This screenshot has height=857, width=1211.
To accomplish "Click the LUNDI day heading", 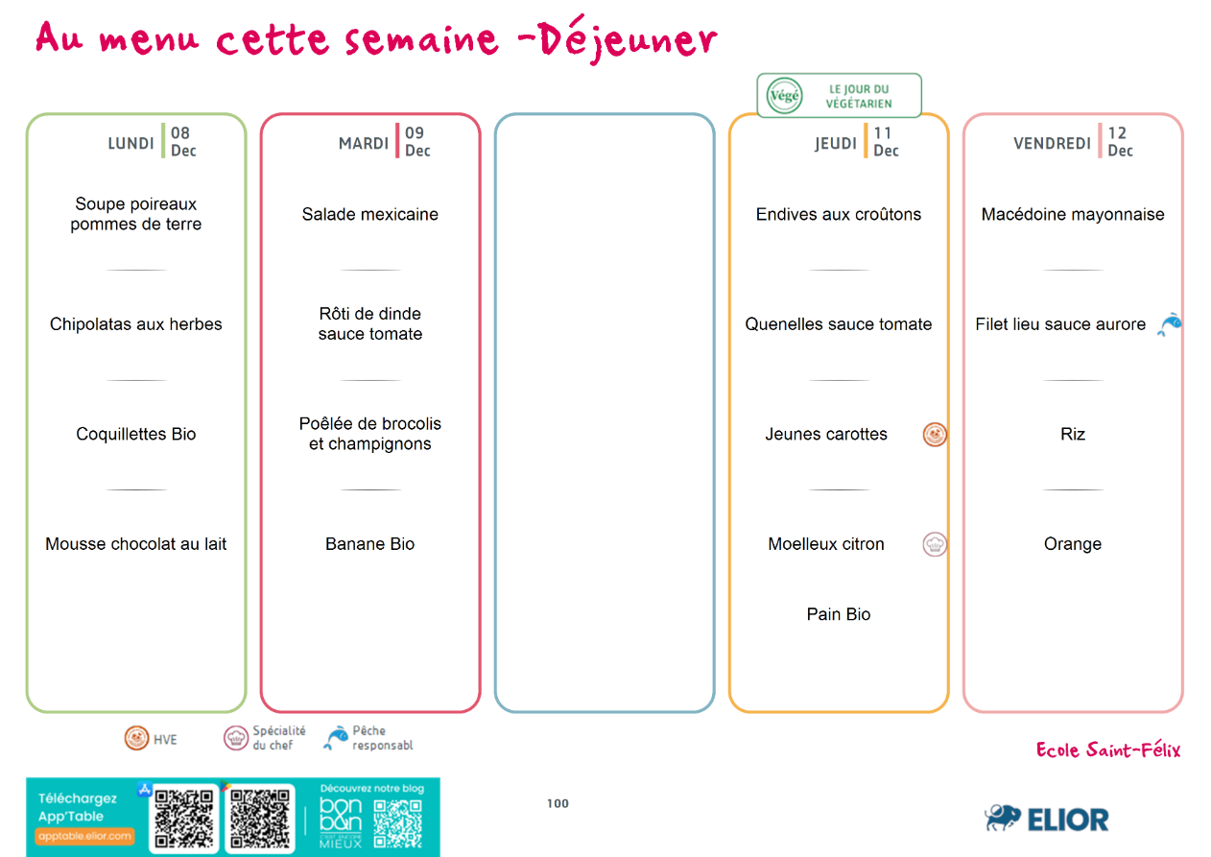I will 131,144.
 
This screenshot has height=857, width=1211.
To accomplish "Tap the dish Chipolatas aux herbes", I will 136,324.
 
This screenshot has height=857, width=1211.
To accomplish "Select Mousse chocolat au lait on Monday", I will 136,544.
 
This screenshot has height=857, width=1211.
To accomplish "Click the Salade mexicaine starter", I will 370,214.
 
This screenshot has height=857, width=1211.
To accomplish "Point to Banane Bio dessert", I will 370,544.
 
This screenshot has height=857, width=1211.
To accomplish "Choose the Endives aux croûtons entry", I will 839,214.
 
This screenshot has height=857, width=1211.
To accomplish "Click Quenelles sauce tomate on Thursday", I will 839,324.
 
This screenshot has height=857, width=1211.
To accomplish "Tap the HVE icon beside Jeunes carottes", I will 935,435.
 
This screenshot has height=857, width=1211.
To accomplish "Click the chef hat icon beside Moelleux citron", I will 935,544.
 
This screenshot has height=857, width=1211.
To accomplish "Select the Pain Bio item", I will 839,614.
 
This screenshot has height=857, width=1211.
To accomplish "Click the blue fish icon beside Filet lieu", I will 1169,325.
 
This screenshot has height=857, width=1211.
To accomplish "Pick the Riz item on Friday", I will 1073,434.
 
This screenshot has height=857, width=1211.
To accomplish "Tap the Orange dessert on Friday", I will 1073,544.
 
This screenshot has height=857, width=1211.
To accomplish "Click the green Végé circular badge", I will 784,96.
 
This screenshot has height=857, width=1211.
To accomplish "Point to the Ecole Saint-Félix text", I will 1108,750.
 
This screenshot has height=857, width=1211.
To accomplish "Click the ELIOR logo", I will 1047,820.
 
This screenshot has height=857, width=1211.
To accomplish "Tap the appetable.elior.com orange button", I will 85,836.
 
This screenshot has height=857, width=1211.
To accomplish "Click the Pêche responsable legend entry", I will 368,737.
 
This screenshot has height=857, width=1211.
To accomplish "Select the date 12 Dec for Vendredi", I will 1120,141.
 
